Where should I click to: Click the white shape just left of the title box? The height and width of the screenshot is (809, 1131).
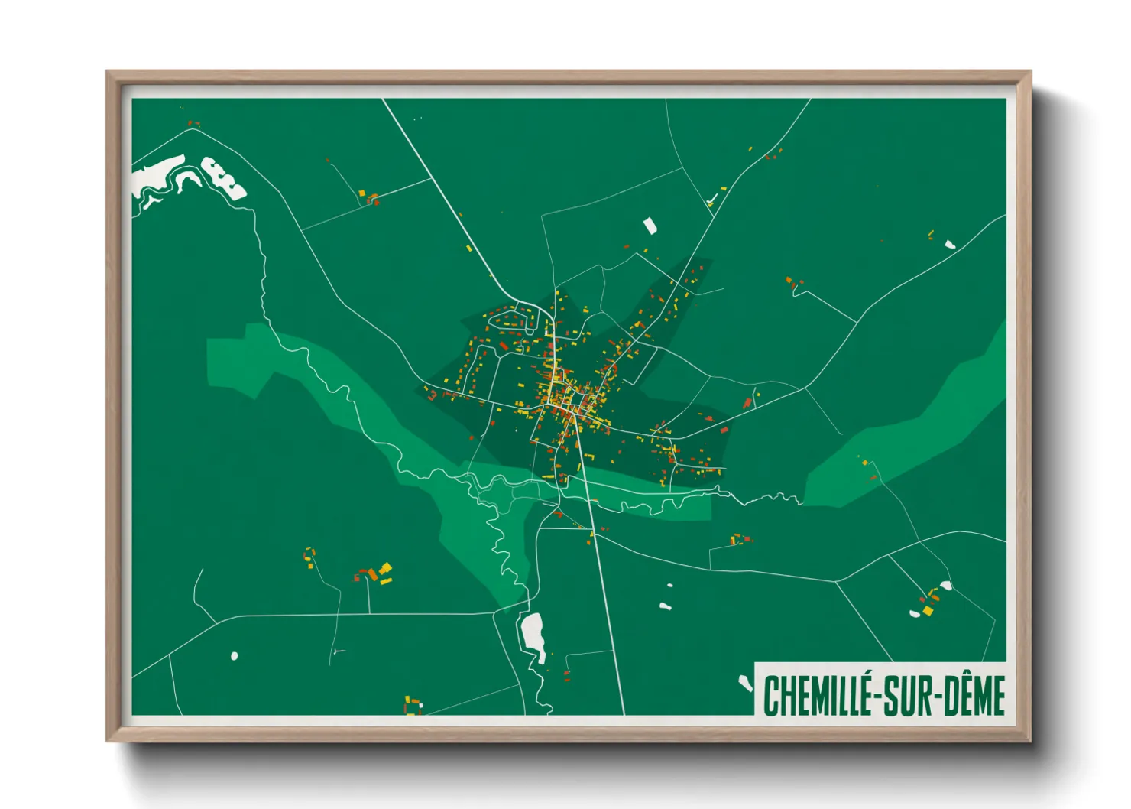point(745,683)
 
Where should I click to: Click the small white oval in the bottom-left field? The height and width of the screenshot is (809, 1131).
point(234,655)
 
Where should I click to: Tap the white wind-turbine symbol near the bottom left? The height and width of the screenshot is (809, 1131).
point(336,651)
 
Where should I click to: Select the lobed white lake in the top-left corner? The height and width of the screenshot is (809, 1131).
point(223,178)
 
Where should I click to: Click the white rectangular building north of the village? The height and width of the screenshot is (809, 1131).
point(650,226)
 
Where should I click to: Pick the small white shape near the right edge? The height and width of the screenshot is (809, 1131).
point(949,244)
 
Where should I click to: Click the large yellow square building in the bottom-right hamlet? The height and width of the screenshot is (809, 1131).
point(928,610)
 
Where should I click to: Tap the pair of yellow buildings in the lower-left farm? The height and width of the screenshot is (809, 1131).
point(385,573)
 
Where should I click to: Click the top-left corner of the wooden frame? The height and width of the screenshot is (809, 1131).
point(109,73)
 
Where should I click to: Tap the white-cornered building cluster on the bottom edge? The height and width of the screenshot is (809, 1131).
point(413,704)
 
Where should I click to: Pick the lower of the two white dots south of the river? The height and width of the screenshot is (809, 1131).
point(665,606)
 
